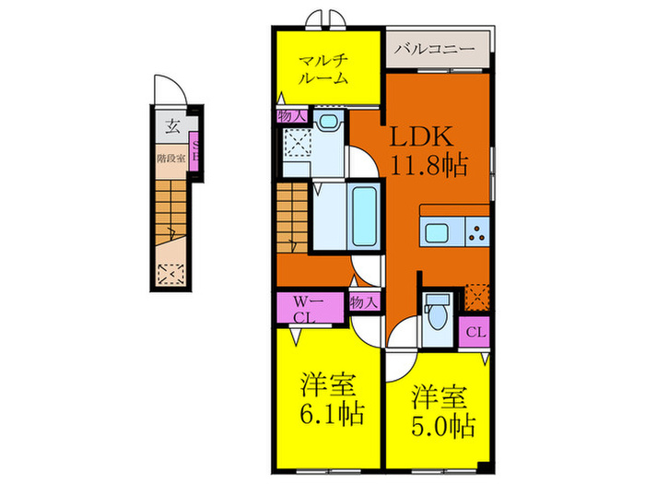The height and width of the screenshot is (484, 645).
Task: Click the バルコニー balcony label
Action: coord(436,45)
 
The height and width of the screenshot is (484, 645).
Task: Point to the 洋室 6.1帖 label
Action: coord(325,397)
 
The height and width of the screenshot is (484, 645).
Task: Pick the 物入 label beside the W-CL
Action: coord(363,302)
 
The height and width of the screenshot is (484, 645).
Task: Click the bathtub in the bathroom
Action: coord(364,217)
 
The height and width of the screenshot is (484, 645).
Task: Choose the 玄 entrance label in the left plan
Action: coord(172,126)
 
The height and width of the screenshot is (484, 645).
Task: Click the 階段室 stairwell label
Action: coord(170,159)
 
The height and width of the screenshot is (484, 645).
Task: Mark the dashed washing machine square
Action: coord(298,146)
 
